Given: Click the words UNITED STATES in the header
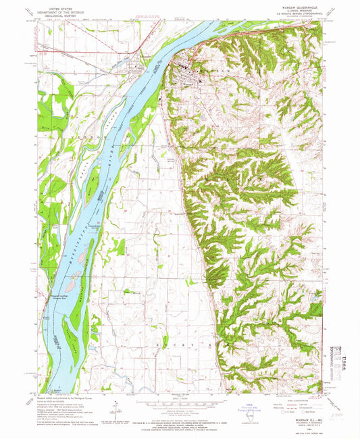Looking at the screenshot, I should coord(57,9).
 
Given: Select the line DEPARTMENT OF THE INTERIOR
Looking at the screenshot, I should coord(57,13).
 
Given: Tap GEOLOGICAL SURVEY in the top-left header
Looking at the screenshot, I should coord(57,17).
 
